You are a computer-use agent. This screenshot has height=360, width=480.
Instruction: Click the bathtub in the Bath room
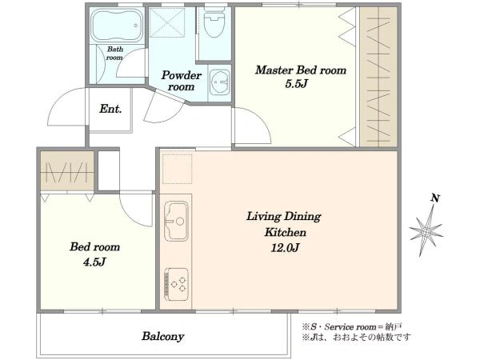click(118, 25)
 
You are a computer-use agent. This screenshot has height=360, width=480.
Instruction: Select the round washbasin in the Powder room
click(219, 82)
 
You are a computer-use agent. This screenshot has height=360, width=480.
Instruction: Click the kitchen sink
click(176, 221)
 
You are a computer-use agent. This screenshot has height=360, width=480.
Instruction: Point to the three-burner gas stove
click(176, 284)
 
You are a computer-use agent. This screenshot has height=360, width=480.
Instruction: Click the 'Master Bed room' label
click(301, 70)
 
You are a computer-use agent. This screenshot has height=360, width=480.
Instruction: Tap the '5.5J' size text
click(296, 84)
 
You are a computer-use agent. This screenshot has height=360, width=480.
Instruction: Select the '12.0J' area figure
click(285, 247)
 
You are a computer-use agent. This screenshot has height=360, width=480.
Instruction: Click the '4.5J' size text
click(94, 262)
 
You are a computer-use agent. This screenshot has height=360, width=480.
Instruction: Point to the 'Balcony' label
click(163, 337)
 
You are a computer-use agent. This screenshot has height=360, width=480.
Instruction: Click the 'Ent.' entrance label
click(110, 109)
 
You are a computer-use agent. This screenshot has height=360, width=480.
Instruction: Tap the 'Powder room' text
click(182, 81)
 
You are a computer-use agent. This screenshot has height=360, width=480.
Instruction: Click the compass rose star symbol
click(426, 231)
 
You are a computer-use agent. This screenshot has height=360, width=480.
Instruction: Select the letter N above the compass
click(435, 198)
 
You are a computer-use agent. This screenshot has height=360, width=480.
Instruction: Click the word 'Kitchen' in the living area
click(286, 232)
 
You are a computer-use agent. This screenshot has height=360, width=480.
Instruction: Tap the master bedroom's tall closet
click(378, 77)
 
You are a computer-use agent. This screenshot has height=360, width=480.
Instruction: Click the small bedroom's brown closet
click(67, 170)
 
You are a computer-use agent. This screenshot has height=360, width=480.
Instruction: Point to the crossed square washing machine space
click(167, 22)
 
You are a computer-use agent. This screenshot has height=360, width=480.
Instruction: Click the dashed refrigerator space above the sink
click(177, 169)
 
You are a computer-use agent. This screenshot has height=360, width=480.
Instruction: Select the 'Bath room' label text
click(114, 54)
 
